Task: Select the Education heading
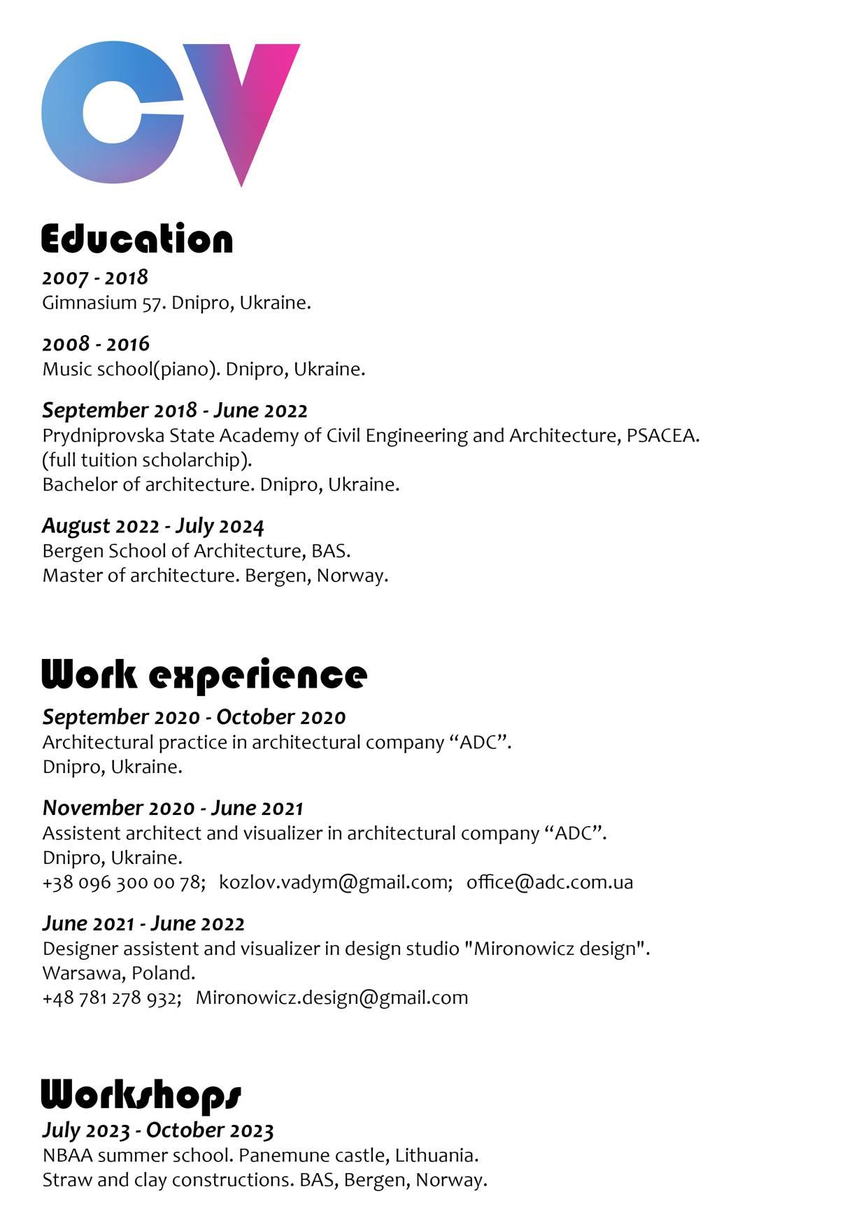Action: [x=137, y=239]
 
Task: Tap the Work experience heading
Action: [x=204, y=676]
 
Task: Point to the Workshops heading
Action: [x=141, y=1095]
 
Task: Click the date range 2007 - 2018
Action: [x=95, y=278]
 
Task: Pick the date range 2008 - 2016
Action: [x=96, y=344]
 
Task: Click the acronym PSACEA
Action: [x=661, y=436]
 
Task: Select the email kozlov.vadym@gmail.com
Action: [x=336, y=882]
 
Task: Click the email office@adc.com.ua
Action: [x=550, y=882]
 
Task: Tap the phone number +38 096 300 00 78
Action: [x=123, y=882]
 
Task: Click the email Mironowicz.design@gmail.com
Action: [x=332, y=998]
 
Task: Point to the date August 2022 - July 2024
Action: [x=153, y=526]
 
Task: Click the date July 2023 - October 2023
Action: [x=158, y=1130]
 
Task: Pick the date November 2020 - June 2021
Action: [x=173, y=809]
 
